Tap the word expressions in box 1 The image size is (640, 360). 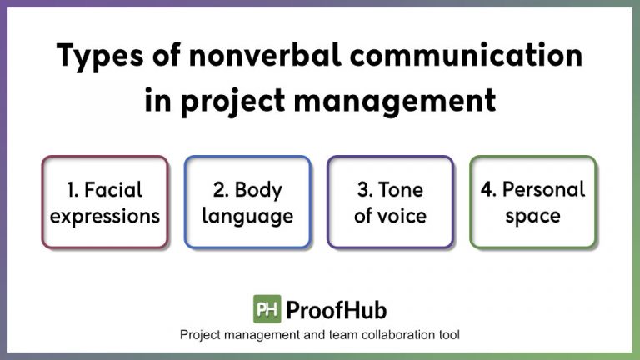point(105,216)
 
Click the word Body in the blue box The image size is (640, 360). point(258,189)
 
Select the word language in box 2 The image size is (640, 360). point(247,216)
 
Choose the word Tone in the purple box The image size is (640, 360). point(402,189)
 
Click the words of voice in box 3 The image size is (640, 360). point(390,216)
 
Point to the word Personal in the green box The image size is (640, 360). point(544,189)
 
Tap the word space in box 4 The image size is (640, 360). point(532,216)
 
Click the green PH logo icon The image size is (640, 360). point(267,309)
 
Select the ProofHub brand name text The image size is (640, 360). point(336,310)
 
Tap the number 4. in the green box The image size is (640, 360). point(488,189)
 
